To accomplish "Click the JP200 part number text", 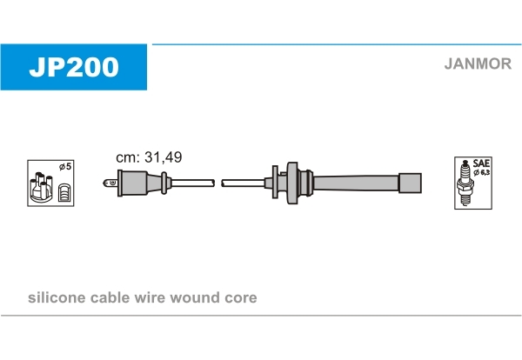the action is point(74,67).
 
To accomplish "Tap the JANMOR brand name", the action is point(478,63).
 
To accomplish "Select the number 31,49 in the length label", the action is point(164,157).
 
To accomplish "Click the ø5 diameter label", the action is point(65,166).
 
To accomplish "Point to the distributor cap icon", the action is point(41,187).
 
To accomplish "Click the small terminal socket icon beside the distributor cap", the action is point(64,193).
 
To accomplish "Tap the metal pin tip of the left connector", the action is point(110,183).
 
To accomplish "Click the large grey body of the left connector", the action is point(132,183).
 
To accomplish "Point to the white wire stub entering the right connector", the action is point(244,183).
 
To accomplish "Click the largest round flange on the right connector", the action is point(292,183).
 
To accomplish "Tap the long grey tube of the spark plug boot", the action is point(356,183).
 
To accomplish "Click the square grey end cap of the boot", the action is point(410,183).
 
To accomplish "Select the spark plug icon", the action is point(465,183).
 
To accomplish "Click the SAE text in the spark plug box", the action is point(481,163).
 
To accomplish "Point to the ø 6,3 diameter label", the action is point(481,172).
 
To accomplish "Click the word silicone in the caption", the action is point(57,297).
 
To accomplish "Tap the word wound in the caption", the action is point(195,297).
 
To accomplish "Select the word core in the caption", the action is point(241,298).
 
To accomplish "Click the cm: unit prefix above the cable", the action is point(128,158).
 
